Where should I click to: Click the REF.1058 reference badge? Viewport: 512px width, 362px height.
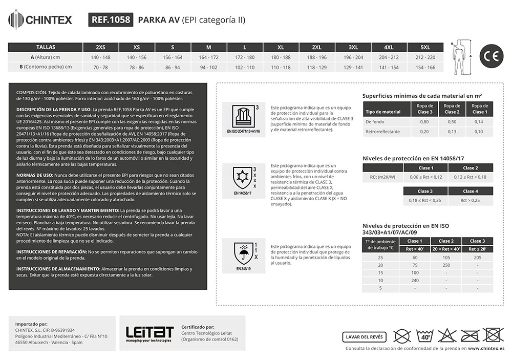pos(111,20)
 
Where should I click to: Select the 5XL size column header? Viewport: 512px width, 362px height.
pos(425,47)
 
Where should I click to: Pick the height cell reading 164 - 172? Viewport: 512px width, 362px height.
pos(208,57)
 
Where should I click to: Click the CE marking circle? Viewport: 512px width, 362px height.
pos(491,57)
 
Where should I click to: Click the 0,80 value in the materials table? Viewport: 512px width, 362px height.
pos(424,122)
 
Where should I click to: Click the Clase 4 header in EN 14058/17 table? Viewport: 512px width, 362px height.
pos(470,191)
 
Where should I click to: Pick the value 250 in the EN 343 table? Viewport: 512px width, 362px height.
pos(446,265)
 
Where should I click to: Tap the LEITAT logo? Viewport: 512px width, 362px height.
pos(150,333)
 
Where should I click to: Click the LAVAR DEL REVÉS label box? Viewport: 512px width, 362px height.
pos(364,336)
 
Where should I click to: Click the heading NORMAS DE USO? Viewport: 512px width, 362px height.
pos(38,175)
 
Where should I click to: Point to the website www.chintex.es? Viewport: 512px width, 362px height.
pos(486,348)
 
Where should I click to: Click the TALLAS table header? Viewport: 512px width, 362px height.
pos(46,47)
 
